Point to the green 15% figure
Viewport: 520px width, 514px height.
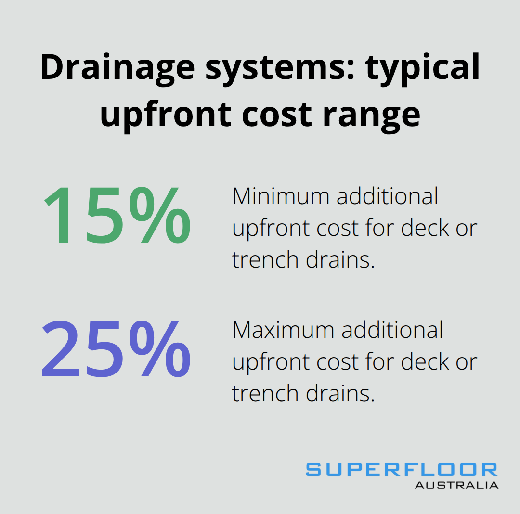coord(117,216)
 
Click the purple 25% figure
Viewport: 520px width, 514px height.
coord(116,349)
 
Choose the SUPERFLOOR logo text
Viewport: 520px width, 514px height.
coord(402,470)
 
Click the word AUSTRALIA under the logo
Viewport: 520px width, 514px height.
coord(456,485)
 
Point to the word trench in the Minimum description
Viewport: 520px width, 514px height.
coord(265,260)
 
